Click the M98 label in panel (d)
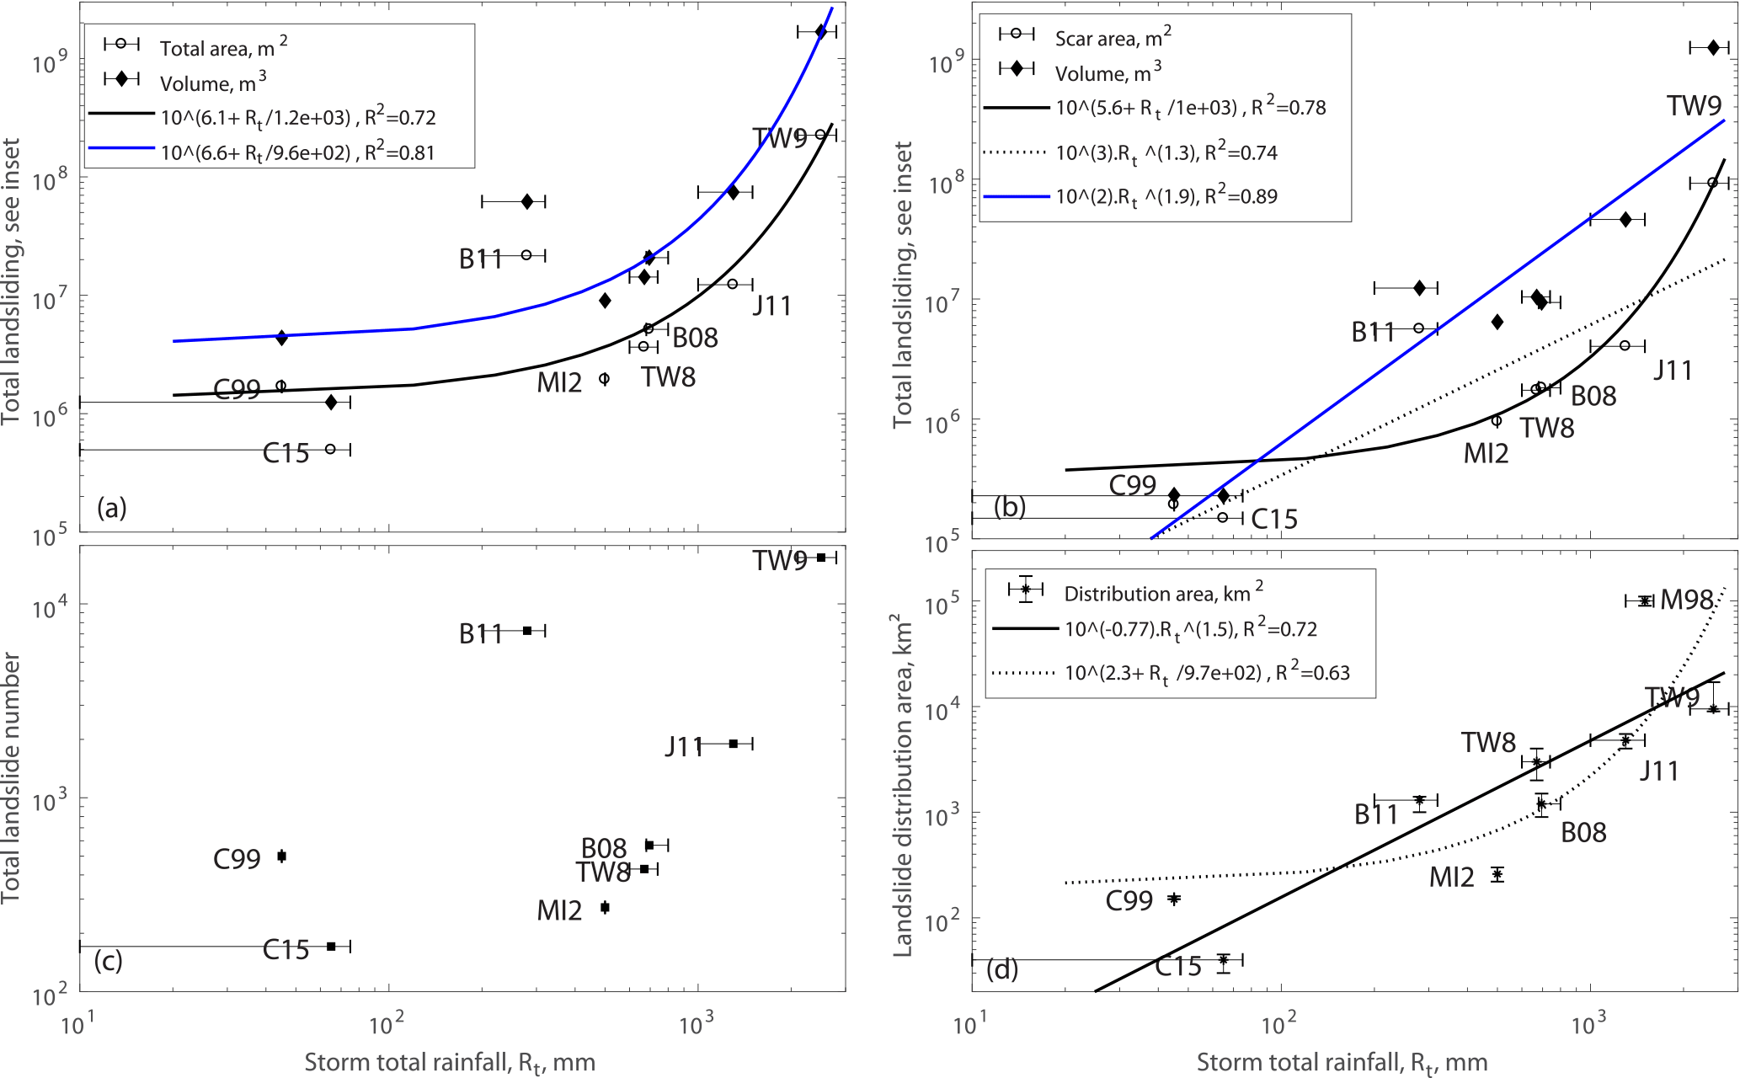(1686, 600)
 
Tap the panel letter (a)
(111, 507)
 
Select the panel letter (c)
(109, 961)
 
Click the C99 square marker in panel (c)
(282, 857)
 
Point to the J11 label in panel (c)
(683, 746)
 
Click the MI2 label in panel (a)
(559, 383)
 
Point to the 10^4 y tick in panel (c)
(51, 606)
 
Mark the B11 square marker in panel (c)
(527, 631)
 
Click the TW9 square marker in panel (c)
(821, 558)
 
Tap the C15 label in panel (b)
(1273, 520)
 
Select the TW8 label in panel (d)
(1488, 743)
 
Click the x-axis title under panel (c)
(450, 1063)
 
